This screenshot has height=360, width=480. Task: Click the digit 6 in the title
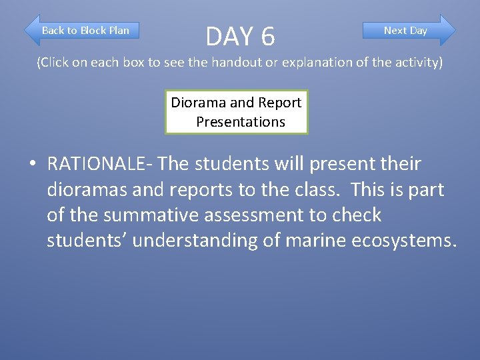point(267,37)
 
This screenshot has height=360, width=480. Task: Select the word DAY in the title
point(229,37)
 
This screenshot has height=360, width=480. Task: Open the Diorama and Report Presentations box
point(237,112)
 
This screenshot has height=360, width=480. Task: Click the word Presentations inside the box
point(240,122)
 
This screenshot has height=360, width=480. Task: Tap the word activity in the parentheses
point(415,63)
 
